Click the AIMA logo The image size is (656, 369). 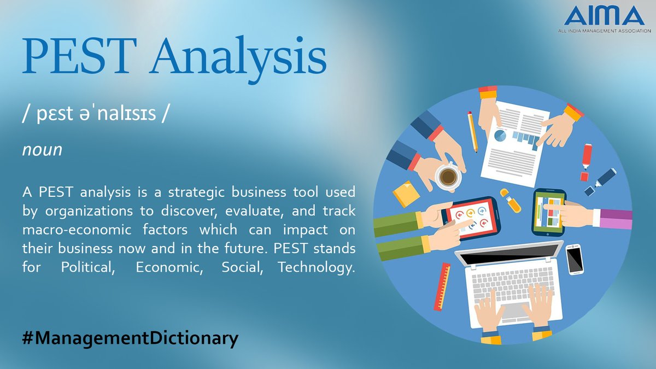[x=604, y=20]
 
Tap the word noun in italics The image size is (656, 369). [x=42, y=150]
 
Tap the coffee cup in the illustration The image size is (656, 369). [x=448, y=176]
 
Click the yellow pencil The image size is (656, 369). [x=473, y=132]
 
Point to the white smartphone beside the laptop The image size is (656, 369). [x=574, y=259]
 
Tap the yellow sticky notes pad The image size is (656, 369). [x=406, y=193]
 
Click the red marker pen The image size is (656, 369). [x=587, y=162]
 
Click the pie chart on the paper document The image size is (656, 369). [x=499, y=134]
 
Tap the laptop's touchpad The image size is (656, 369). [x=512, y=312]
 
